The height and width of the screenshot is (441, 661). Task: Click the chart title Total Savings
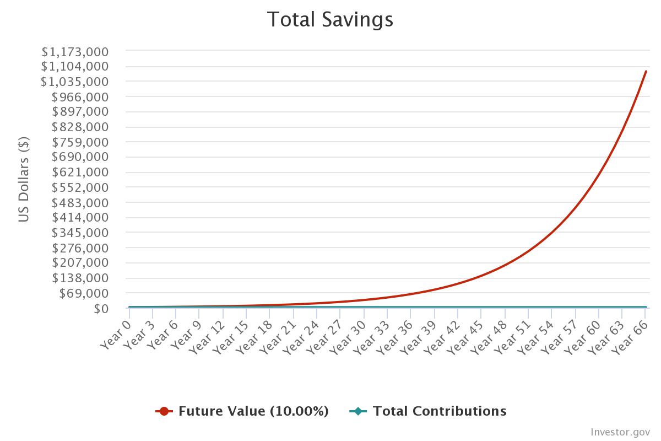click(x=330, y=20)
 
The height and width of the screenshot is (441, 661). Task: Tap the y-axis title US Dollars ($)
click(x=24, y=180)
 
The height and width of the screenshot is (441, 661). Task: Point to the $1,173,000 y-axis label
click(x=75, y=52)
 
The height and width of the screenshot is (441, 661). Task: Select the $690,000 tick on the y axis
click(x=80, y=157)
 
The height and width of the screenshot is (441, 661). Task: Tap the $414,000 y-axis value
click(x=80, y=218)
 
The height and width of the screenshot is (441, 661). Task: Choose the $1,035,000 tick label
click(x=75, y=82)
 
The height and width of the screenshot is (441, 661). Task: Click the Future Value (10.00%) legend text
click(x=253, y=411)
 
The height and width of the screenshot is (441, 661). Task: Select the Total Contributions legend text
click(x=439, y=411)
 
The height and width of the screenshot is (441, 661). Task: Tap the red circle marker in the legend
click(x=164, y=411)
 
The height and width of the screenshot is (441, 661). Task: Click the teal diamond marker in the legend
click(x=358, y=411)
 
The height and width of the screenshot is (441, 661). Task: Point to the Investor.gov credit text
click(x=620, y=432)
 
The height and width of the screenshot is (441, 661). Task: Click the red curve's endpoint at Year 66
click(x=646, y=71)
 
